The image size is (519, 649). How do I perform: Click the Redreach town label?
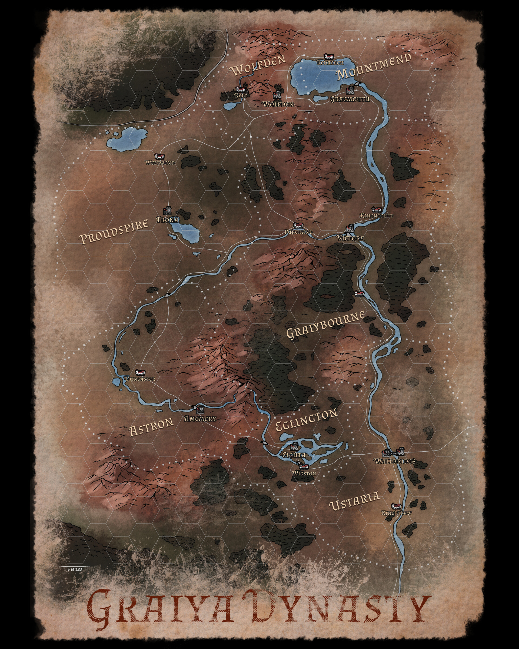pos(330,63)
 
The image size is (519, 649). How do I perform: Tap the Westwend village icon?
pos(159,156)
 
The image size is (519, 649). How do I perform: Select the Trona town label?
pos(167,220)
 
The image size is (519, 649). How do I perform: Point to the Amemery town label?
pos(200,418)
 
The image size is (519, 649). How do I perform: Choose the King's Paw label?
pos(396,513)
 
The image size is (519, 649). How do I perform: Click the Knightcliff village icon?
pos(376,210)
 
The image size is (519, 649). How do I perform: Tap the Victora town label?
pos(350,238)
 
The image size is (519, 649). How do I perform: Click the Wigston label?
pos(304,473)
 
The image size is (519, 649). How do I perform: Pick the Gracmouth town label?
pos(350,99)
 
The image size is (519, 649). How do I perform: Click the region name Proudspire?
pos(114,231)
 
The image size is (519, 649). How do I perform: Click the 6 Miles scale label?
pos(75,569)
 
